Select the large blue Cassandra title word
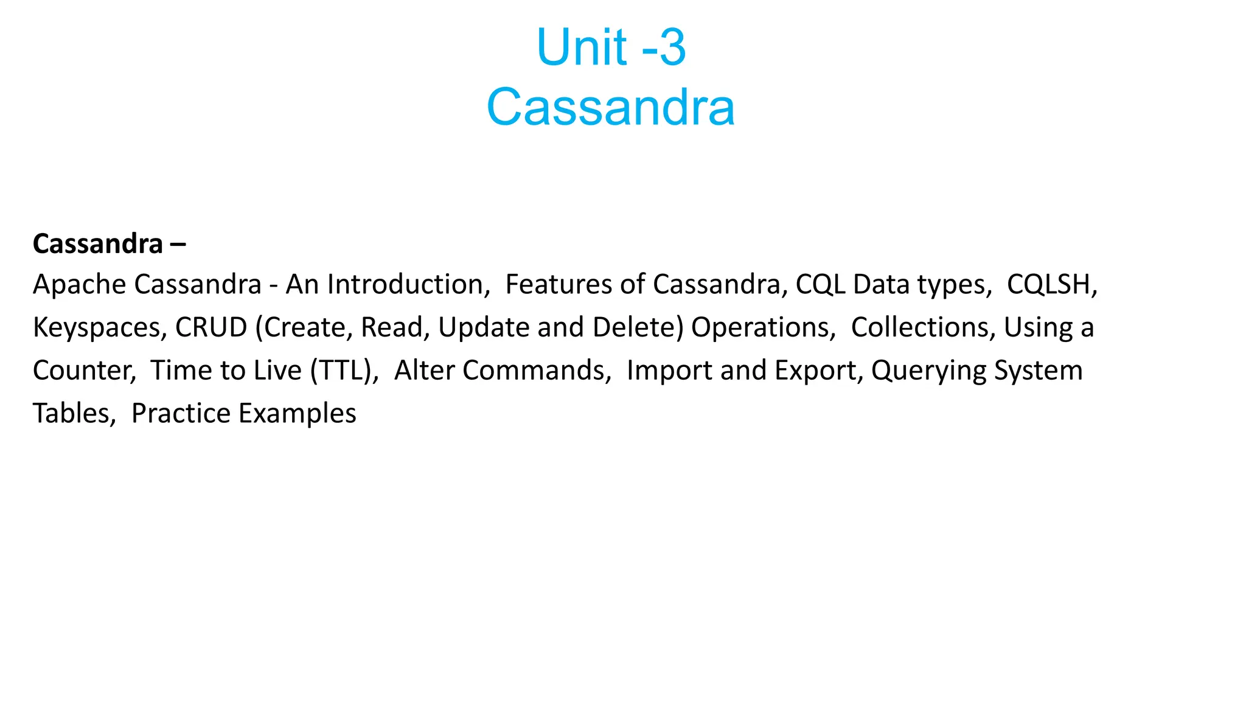pyautogui.click(x=611, y=107)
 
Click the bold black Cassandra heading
pyautogui.click(x=98, y=244)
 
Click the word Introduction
pyautogui.click(x=408, y=284)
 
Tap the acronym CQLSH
pyautogui.click(x=1051, y=284)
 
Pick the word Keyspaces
pyautogui.click(x=99, y=327)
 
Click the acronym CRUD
pyautogui.click(x=211, y=327)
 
